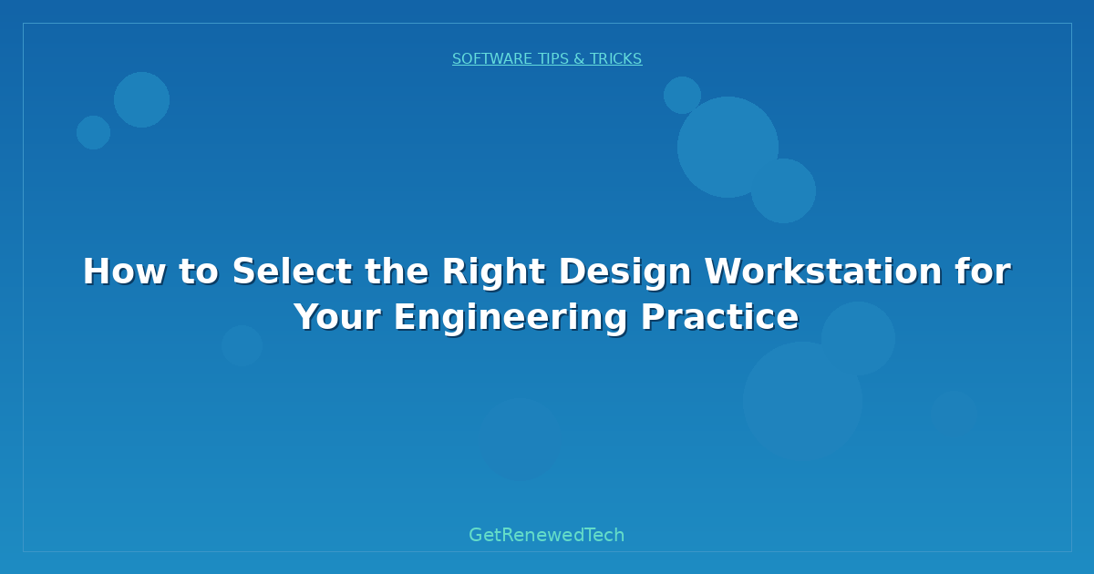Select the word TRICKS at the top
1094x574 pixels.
616,58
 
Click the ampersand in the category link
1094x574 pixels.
579,58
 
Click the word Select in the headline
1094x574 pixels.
292,271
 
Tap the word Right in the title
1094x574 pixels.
494,272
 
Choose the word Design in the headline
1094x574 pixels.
625,272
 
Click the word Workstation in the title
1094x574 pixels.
823,271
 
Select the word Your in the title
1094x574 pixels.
337,317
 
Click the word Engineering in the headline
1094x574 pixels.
511,318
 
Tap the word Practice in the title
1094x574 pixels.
720,317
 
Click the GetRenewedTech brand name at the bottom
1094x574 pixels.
546,535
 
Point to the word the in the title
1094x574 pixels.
397,271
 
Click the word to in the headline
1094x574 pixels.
199,272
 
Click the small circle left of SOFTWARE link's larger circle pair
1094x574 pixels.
93,132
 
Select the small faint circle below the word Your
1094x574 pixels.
242,345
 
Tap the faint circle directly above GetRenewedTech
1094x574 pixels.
521,438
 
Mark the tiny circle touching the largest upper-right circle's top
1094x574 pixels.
682,95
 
